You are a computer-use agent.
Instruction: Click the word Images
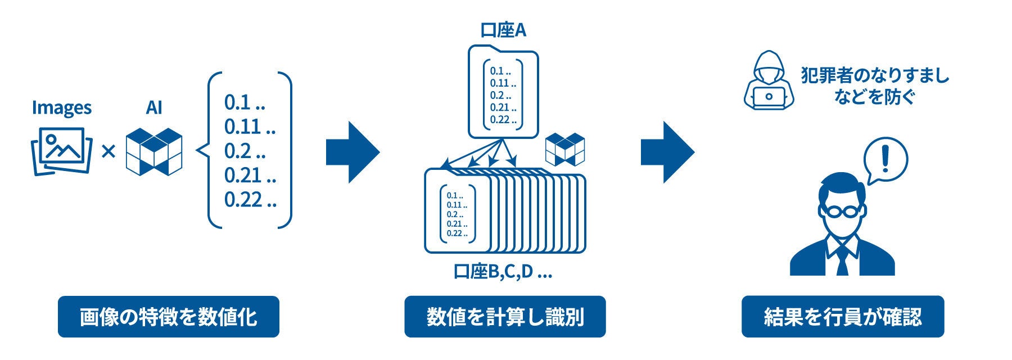[x=62, y=107]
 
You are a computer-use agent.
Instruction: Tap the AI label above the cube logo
[x=154, y=107]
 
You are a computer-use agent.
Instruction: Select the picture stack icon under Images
[x=61, y=151]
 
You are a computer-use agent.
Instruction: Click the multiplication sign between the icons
[x=109, y=151]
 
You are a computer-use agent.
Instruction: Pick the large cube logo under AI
[x=154, y=151]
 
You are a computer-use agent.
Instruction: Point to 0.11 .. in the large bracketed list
[x=250, y=127]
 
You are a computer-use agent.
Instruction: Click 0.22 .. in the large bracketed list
[x=250, y=200]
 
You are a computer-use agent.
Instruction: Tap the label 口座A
[x=503, y=30]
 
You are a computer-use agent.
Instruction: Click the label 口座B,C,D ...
[x=503, y=272]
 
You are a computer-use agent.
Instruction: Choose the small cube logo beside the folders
[x=565, y=149]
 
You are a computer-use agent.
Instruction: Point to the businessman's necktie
[x=842, y=260]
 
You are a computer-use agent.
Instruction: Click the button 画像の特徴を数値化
[x=168, y=317]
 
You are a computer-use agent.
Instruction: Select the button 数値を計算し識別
[x=505, y=317]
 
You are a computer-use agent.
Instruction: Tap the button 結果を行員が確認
[x=842, y=317]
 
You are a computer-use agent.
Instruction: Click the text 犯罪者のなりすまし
[x=875, y=76]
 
